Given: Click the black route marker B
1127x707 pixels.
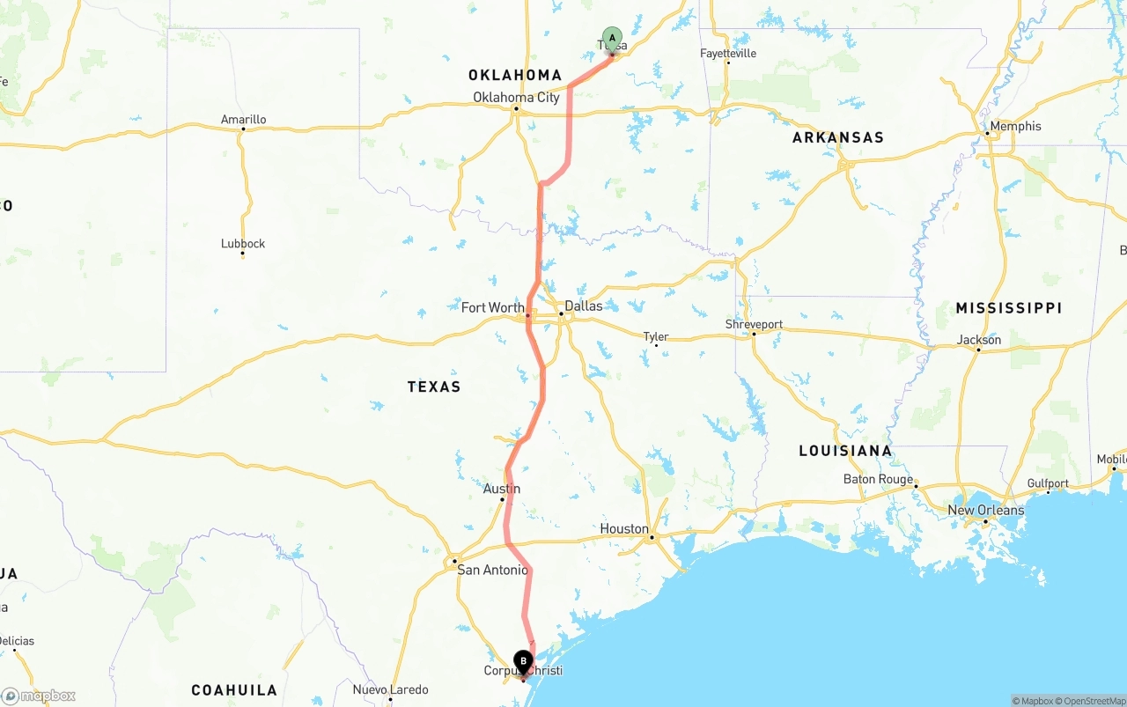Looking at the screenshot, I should coord(523,660).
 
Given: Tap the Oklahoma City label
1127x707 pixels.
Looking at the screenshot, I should coord(516,97).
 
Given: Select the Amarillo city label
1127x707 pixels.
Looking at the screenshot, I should coord(243,120).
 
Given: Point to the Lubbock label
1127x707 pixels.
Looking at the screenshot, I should coord(243,244).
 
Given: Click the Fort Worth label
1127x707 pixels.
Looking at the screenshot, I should coord(493,307).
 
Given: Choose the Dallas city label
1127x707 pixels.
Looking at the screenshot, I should coord(584,306).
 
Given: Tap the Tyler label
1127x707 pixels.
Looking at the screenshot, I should coord(656,336).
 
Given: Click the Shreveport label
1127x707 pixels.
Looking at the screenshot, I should coord(754,324).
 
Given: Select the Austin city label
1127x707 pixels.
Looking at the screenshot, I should coord(502,489).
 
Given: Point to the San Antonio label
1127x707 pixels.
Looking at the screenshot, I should coord(492,570).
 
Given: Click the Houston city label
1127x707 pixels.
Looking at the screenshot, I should coord(624,528).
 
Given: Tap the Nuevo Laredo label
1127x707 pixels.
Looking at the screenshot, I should coord(390,689).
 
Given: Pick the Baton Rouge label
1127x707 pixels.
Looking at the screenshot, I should coord(878,479).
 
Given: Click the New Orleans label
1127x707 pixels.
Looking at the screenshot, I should coord(985,510).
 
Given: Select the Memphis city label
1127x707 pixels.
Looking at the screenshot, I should coord(1015,126).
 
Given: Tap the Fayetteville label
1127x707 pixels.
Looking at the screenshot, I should coord(728,53).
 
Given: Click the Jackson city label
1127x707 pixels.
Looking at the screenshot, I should coord(979,340).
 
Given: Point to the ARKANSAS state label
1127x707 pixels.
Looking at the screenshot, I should coord(837,137).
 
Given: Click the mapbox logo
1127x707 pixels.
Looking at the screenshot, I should coord(39,696).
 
